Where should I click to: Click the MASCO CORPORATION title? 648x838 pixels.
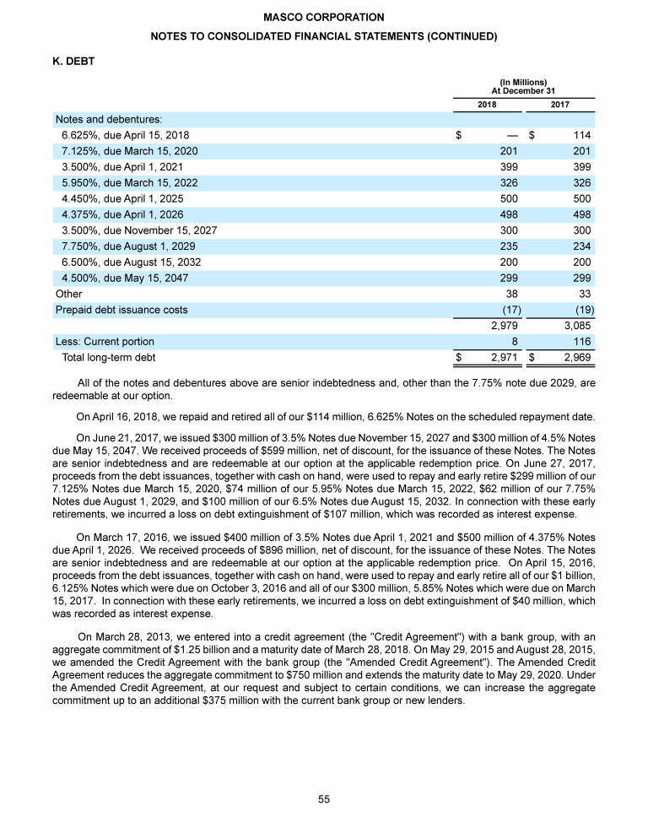coord(324,17)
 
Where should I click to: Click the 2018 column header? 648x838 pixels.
coord(487,105)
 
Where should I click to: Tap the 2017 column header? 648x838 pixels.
coord(559,105)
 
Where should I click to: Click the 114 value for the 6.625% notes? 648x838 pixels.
coord(580,135)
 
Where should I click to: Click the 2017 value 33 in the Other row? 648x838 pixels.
coord(584,294)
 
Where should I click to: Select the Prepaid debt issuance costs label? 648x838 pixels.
coord(121,310)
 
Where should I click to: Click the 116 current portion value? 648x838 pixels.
coord(580,342)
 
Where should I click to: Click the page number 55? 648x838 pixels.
coord(324,799)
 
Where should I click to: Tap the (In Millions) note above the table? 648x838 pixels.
coord(523,81)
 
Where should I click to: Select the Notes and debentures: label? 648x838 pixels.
coord(109,119)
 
